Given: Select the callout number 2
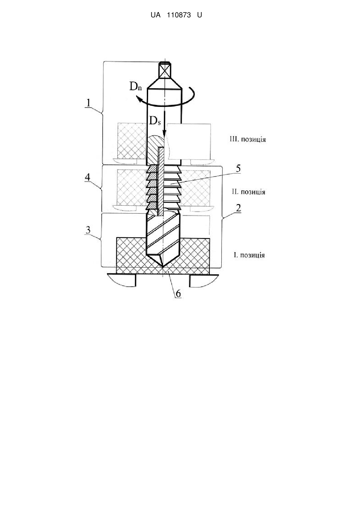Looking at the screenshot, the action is (238, 208).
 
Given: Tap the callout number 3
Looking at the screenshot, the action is (88, 230).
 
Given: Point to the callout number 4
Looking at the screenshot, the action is (87, 177).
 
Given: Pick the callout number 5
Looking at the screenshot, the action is (238, 168).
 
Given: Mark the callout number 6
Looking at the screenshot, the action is (179, 294).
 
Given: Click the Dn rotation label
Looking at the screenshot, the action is (136, 86).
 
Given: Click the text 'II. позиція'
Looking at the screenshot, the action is (249, 192).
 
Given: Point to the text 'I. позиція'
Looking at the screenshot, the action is (249, 255).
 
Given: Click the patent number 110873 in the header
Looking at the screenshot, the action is (179, 15).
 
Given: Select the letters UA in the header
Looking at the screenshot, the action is (156, 15).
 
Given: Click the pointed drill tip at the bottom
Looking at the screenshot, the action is (163, 266).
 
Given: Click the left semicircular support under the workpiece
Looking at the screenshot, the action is (122, 280).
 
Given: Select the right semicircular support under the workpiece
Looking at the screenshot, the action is (204, 280).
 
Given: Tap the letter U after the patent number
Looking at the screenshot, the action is (199, 15).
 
